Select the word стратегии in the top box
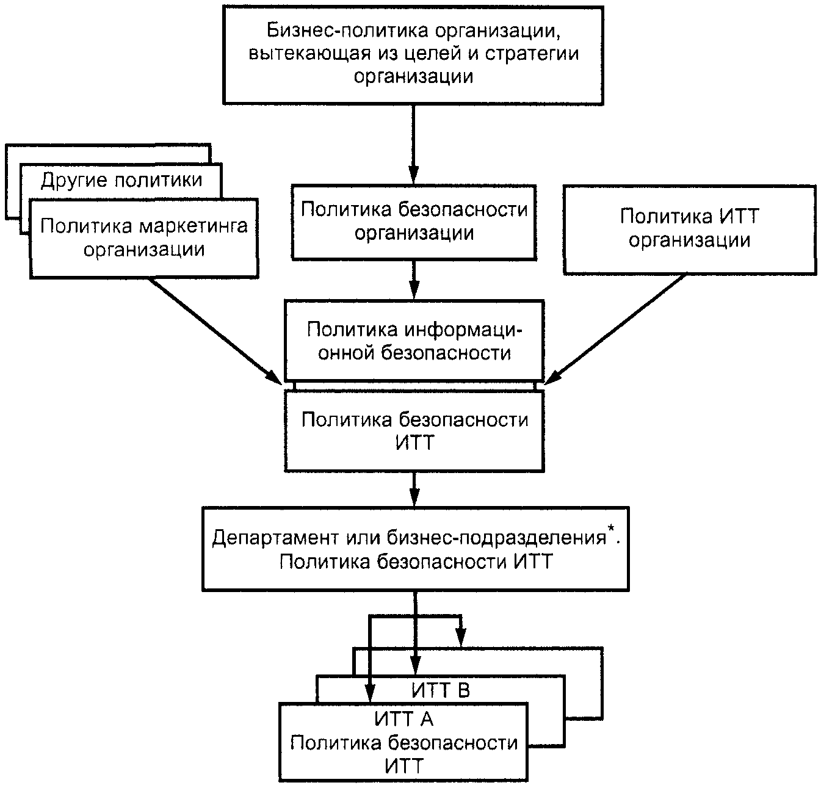click(532, 54)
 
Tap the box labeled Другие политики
click(121, 181)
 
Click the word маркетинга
click(193, 226)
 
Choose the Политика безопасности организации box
click(414, 222)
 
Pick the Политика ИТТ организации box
click(690, 230)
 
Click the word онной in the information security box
click(346, 353)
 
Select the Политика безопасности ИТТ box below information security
click(414, 431)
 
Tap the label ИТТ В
click(441, 691)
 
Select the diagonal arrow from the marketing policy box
click(215, 331)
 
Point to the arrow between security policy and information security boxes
click(414, 280)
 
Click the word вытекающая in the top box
click(310, 54)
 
